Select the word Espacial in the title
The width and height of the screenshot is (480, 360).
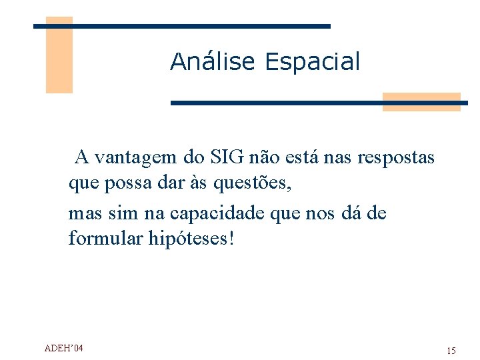click(312, 62)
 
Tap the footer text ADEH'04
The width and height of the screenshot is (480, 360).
click(63, 348)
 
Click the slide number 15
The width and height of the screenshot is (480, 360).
click(451, 351)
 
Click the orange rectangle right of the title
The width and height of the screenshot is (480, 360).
click(421, 101)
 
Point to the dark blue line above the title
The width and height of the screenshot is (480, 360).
click(182, 26)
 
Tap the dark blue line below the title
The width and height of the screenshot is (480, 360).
click(319, 103)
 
